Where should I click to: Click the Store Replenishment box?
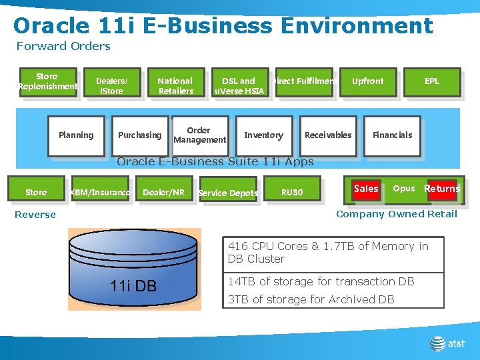[x=47, y=82]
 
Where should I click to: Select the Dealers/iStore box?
[x=111, y=85]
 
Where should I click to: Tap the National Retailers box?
[x=175, y=85]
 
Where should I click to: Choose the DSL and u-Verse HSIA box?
[x=238, y=85]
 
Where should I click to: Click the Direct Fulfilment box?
[x=304, y=81]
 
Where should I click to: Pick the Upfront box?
[x=368, y=81]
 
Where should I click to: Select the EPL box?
[x=432, y=81]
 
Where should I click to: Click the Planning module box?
[x=76, y=135]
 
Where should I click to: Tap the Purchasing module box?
[x=139, y=135]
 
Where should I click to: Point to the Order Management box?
[x=199, y=135]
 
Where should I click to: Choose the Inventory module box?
[x=263, y=135]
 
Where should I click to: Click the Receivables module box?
[x=327, y=135]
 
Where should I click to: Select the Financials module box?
[x=392, y=135]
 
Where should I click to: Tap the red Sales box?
[x=366, y=189]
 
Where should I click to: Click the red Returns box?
[x=442, y=189]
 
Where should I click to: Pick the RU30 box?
[x=291, y=193]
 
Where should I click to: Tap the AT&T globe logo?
[x=437, y=343]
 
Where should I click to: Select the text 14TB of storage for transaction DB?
[x=321, y=281]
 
